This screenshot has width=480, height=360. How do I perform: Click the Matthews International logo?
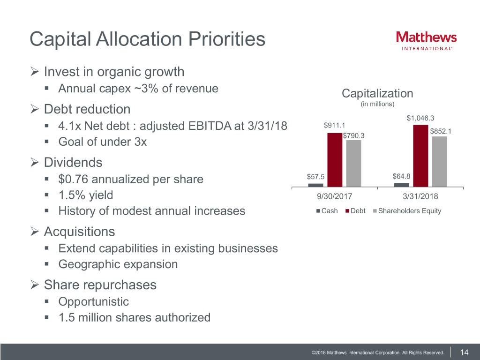click(x=426, y=40)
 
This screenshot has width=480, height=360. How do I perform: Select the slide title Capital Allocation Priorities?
click(x=147, y=39)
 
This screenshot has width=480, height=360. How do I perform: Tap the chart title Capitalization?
click(x=377, y=93)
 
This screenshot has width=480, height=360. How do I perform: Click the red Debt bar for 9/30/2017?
click(x=335, y=159)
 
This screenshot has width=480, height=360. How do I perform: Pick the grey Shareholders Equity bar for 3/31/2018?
click(x=439, y=161)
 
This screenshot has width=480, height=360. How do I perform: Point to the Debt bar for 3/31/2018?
click(x=420, y=156)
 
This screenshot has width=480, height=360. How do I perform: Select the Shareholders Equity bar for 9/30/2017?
click(x=353, y=163)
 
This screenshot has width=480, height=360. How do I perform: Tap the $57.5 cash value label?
click(x=315, y=177)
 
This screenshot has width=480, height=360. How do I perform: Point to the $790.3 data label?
click(x=354, y=136)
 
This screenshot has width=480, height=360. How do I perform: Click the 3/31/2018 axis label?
click(x=420, y=196)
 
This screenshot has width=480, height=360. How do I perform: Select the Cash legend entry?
click(x=327, y=211)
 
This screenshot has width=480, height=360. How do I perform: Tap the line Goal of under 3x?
click(x=102, y=142)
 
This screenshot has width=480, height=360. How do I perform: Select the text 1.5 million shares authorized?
click(x=134, y=317)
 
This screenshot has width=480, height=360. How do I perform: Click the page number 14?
click(x=465, y=352)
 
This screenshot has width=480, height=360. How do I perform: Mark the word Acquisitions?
click(x=79, y=232)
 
